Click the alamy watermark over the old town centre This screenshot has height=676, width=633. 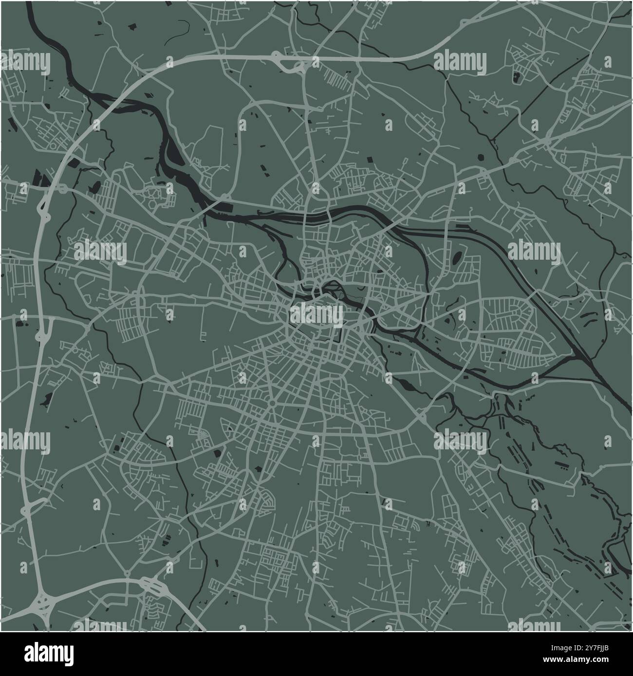(x=316, y=315)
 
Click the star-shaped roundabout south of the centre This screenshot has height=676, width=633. (x=272, y=403)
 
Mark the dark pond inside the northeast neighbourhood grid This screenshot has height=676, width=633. (x=516, y=76)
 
